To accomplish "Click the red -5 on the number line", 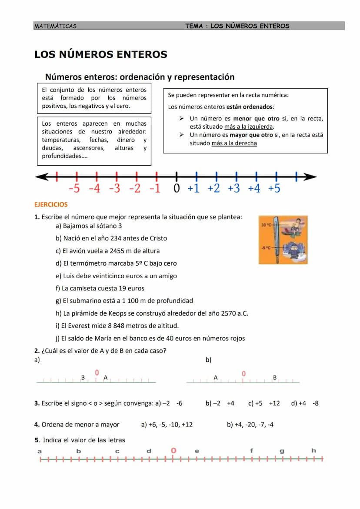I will coord(74,189).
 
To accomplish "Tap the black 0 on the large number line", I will coord(176,189).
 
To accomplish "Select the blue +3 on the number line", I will coord(233,189).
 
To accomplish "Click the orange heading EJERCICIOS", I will coord(51,204).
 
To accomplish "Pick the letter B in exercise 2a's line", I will coord(83,378).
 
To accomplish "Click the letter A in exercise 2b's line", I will coord(215,378).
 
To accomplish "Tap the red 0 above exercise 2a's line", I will coord(97,373).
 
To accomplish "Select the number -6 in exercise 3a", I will coord(179,403).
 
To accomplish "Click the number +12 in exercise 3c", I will coord(274,403).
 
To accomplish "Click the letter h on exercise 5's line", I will coord(314,450).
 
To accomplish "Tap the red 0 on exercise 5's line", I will coord(173,451).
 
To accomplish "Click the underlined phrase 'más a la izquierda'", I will coord(249,127).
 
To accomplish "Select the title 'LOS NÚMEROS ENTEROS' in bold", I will coord(101,54).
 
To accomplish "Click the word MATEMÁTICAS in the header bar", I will coord(55,26).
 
